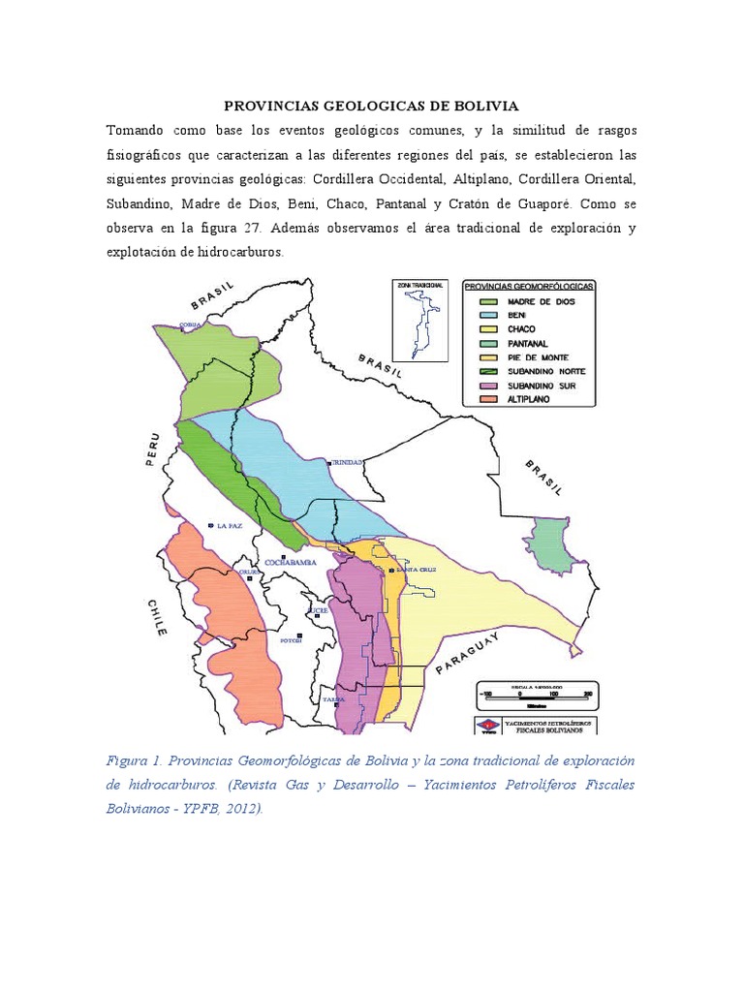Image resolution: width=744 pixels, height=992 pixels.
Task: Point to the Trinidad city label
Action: coord(347,463)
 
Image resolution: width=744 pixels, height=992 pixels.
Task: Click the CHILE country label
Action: coord(156,616)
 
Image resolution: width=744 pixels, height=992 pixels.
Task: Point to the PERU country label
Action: coord(153,450)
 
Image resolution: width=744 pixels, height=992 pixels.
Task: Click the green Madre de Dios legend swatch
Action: coord(479,302)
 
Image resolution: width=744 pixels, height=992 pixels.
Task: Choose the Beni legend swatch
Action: coord(479,316)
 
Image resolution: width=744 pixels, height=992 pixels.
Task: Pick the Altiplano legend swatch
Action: coord(479,399)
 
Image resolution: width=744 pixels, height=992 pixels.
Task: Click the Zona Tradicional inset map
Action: coord(418,325)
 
